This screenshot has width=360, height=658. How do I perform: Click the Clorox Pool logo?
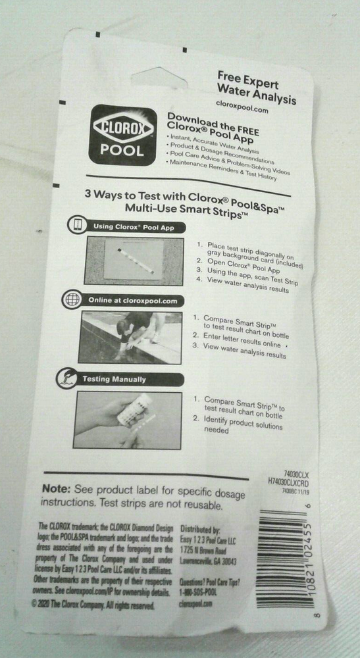point(122,135)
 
